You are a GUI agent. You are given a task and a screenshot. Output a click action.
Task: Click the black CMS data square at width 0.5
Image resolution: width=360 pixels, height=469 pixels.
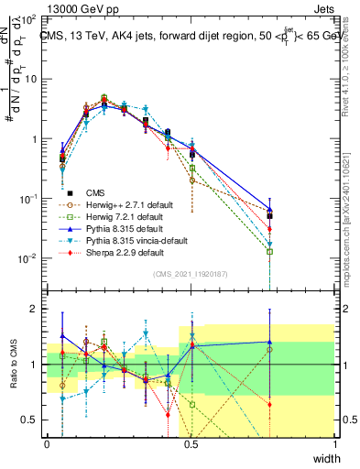click(192, 155)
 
